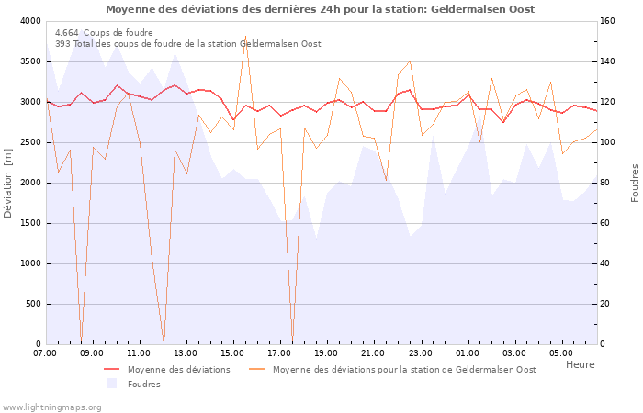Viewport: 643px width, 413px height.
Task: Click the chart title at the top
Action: point(320,9)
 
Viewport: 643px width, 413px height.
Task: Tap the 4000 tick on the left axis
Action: point(28,21)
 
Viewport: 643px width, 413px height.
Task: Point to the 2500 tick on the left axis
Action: point(28,142)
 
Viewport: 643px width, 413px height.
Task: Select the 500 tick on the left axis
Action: point(32,304)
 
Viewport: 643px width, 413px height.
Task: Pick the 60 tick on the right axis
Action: point(608,223)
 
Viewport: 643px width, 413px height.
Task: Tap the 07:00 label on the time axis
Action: point(45,352)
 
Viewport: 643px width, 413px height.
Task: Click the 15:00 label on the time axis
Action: point(233,352)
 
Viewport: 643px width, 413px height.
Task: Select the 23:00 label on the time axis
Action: point(421,352)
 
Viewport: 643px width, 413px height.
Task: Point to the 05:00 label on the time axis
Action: point(562,352)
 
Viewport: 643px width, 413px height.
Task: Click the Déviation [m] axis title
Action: point(9,183)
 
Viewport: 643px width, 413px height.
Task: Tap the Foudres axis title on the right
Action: point(635,183)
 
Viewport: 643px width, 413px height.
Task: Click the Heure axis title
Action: point(580,364)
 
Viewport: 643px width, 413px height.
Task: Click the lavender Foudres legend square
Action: point(111,384)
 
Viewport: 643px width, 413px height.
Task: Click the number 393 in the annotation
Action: point(62,43)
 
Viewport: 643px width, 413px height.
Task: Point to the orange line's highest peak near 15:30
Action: point(245,36)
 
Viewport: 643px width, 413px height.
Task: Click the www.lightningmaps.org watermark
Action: point(51,406)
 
